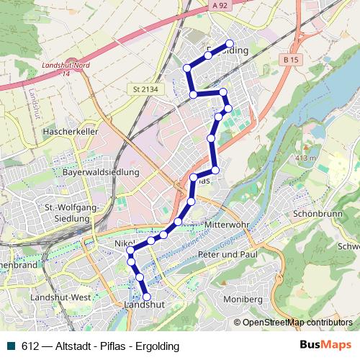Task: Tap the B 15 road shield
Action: pos(291,59)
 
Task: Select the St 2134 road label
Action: pos(145,89)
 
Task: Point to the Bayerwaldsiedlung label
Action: pos(101,173)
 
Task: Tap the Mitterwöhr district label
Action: pos(227,225)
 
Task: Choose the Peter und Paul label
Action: pos(228,255)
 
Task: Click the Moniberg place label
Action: pos(243,298)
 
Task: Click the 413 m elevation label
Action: pos(306,158)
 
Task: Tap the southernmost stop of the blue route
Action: pos(147,297)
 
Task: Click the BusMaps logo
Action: pos(325,346)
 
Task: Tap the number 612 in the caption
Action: pos(30,346)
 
